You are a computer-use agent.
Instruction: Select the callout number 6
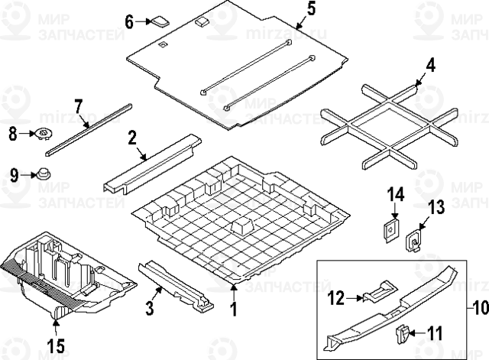[129, 21]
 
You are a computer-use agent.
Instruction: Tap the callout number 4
[431, 65]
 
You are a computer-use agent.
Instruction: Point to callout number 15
[56, 345]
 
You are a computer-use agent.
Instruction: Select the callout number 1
[234, 310]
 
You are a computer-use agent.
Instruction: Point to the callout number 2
[131, 138]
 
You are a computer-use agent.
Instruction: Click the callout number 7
[78, 105]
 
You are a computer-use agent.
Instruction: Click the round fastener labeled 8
[44, 135]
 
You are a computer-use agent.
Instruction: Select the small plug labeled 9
[44, 173]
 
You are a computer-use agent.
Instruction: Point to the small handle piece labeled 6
[161, 21]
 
